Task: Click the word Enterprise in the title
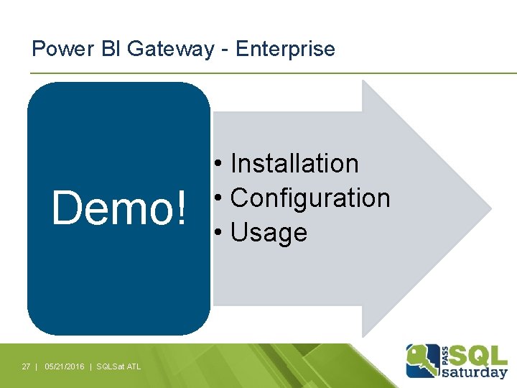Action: (x=285, y=49)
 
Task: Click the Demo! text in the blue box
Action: (x=118, y=208)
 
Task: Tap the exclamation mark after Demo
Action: (x=180, y=208)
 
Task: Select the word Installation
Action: (x=294, y=164)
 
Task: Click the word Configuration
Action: (x=310, y=198)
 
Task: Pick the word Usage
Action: (x=269, y=233)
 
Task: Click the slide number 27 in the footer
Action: (x=26, y=366)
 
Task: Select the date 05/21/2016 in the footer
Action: (x=64, y=366)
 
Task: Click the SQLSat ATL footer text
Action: (x=119, y=366)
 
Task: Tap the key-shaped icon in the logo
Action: (x=422, y=360)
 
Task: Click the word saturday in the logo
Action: (x=475, y=371)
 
